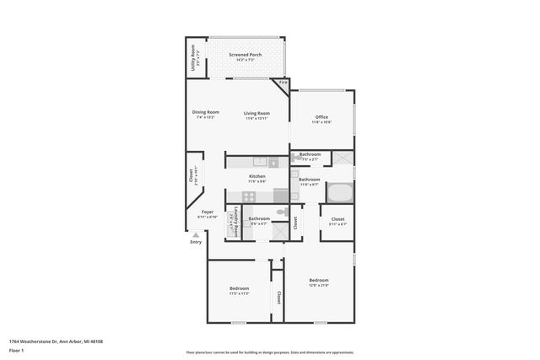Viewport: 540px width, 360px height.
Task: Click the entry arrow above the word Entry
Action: [x=196, y=235]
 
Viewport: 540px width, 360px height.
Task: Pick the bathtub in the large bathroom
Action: [x=340, y=192]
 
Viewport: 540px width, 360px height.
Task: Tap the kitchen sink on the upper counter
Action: [x=261, y=161]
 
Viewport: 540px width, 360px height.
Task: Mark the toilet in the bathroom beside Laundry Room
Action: [x=282, y=212]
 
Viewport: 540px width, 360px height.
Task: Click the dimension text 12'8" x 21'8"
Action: [x=318, y=286]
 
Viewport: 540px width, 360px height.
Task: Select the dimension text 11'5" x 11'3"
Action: [x=239, y=293]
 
